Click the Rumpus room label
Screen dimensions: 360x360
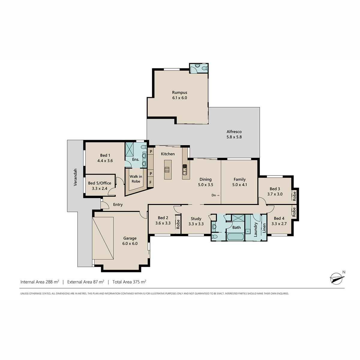point(179,92)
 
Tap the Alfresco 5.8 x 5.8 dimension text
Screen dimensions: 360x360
point(234,137)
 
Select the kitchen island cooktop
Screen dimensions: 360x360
point(167,169)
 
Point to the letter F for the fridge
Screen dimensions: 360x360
point(150,182)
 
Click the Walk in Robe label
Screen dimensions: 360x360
point(136,179)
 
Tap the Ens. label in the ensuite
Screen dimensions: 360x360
point(136,159)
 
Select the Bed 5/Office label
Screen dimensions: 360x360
point(100,183)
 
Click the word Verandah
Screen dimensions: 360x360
point(75,177)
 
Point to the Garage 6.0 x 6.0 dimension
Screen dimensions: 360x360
point(130,244)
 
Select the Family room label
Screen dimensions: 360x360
point(239,179)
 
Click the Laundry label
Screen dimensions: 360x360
point(256,229)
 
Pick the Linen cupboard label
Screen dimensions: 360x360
point(264,228)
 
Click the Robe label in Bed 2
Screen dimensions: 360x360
point(178,224)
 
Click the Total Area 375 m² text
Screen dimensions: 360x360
point(129,282)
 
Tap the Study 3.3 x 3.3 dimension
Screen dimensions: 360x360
point(196,224)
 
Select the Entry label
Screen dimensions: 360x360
point(118,205)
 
